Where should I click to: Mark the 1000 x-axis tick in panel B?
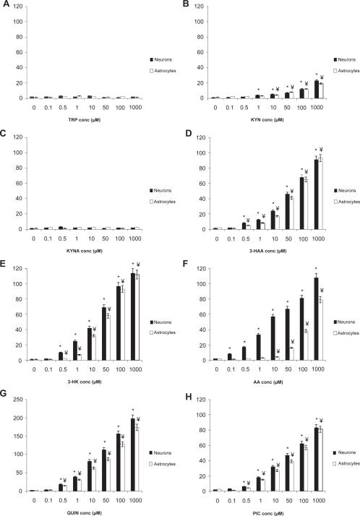tap(318, 106)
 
